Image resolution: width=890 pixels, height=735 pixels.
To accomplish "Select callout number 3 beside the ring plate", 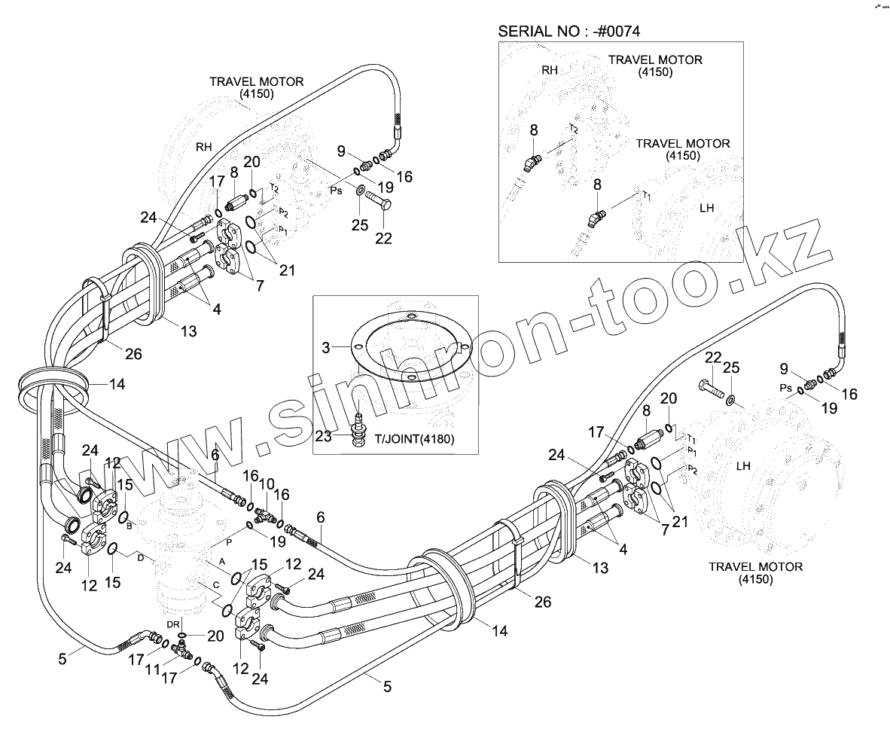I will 326,348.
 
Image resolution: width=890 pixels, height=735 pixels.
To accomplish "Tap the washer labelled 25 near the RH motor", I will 360,189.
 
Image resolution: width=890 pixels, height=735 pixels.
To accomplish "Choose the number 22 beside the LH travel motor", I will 713,358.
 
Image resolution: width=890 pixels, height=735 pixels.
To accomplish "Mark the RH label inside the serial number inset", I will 550,70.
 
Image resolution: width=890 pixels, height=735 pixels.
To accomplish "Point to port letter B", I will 130,526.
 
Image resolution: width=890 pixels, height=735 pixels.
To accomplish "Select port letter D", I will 140,557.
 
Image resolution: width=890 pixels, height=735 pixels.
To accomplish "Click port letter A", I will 222,562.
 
